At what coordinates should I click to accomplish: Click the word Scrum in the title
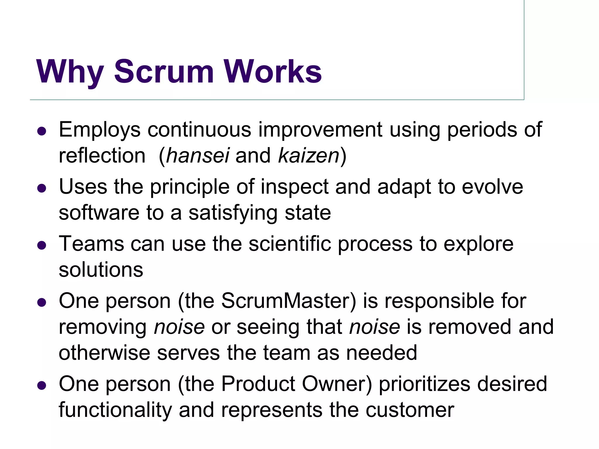164,72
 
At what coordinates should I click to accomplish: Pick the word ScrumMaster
288,301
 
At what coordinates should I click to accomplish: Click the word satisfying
233,213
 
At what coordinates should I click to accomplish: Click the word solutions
101,270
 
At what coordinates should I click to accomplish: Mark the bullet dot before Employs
42,131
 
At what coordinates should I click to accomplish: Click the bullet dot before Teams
42,245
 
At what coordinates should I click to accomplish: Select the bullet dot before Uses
42,188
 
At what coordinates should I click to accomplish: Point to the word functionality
115,410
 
